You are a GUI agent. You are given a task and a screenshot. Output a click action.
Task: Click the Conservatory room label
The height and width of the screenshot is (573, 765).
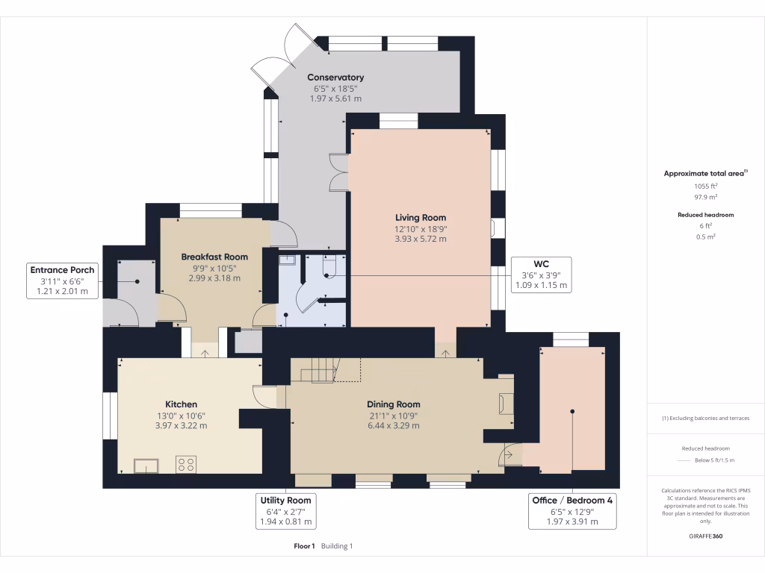335,78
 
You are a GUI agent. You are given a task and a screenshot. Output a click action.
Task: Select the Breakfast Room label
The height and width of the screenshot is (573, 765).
214,257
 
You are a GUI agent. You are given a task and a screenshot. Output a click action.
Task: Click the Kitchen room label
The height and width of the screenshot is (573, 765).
181,404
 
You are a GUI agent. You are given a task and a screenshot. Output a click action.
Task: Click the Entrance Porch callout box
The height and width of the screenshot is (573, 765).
62,281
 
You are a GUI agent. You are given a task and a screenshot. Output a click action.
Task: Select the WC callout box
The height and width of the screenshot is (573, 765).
541,275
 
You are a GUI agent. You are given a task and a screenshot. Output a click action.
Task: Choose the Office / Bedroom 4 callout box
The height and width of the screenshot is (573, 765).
572,511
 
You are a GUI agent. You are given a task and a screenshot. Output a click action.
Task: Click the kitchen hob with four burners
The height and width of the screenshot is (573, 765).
185,464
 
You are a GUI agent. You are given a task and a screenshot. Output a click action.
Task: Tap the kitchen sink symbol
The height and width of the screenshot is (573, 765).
146,465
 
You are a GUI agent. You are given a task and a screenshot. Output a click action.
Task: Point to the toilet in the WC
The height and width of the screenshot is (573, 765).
329,268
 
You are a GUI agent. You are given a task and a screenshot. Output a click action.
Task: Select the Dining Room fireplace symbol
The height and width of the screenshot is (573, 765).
506,404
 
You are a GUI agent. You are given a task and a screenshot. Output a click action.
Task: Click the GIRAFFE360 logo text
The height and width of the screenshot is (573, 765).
706,536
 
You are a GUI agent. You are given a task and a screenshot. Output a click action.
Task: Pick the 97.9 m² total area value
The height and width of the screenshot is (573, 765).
706,197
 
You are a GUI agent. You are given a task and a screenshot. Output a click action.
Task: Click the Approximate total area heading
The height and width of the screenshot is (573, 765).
705,173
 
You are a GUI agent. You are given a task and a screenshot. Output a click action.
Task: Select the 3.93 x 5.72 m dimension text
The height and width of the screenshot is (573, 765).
421,239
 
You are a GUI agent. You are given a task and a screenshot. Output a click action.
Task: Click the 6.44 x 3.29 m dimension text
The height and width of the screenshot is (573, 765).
394,425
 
